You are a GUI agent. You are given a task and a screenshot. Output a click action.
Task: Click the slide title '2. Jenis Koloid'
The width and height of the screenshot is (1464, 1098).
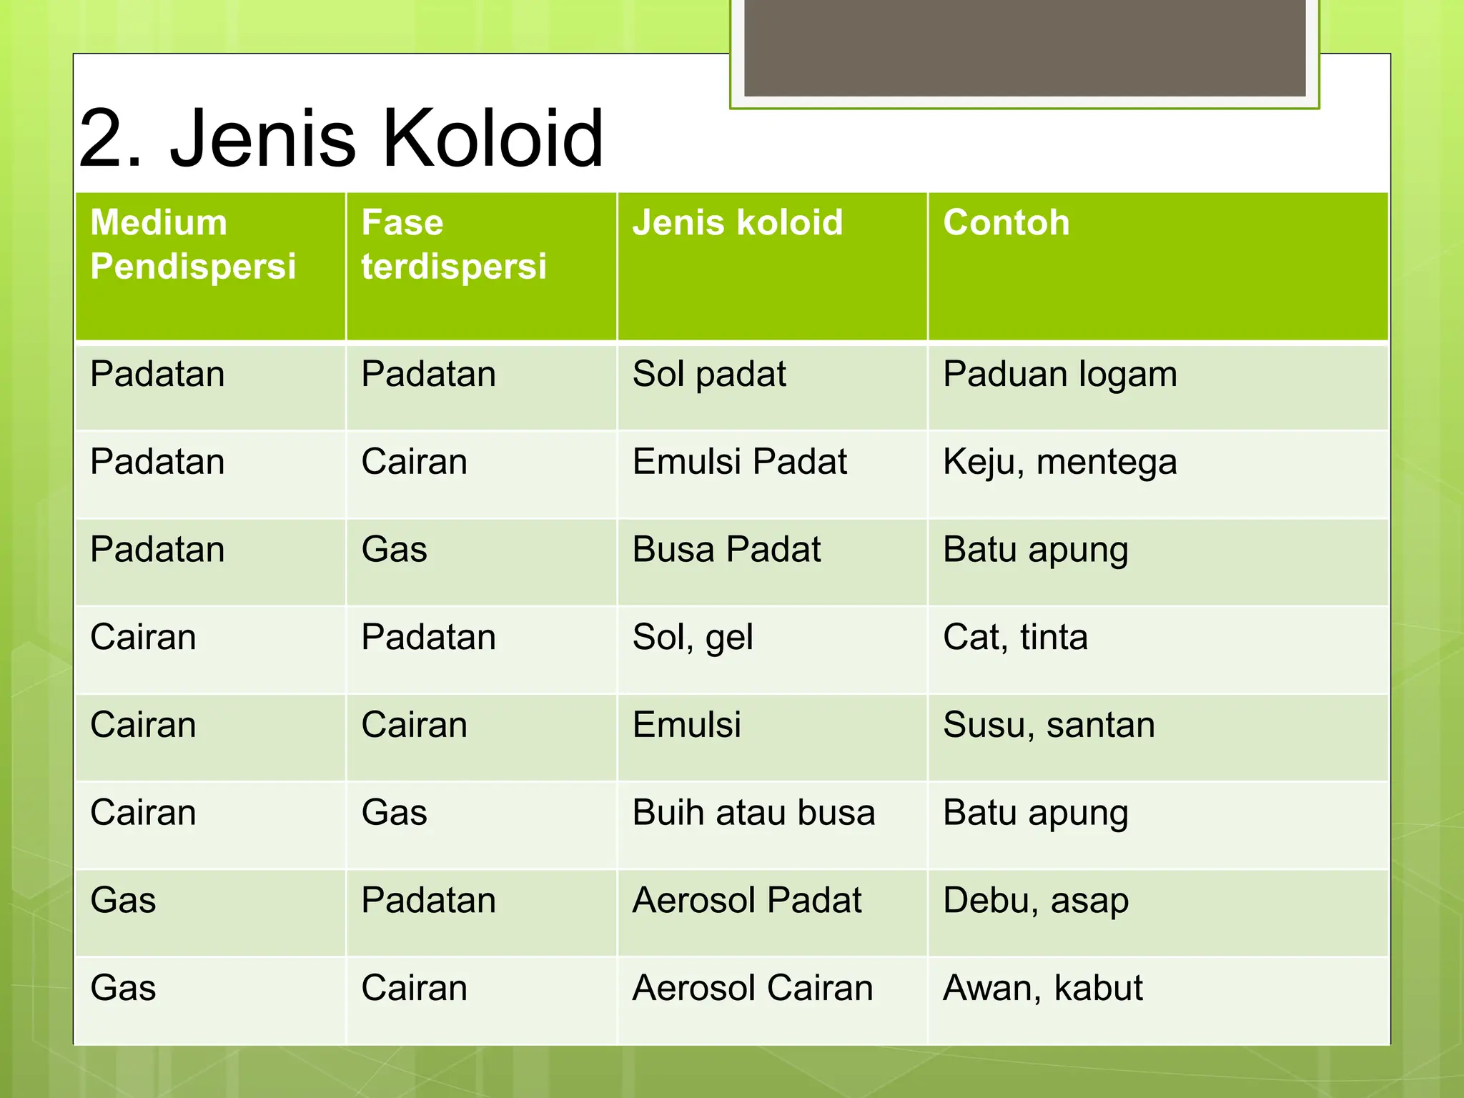click(341, 137)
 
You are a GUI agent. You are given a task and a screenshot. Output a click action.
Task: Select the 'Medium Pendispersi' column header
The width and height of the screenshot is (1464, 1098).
click(193, 244)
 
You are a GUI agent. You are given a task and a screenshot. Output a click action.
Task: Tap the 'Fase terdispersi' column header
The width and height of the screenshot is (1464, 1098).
click(453, 244)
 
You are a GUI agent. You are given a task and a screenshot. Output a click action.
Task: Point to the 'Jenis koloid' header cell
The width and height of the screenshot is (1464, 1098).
click(737, 222)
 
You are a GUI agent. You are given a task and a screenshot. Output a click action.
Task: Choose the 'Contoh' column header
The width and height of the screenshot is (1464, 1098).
click(1006, 222)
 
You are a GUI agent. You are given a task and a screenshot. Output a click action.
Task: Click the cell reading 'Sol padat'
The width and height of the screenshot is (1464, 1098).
click(708, 375)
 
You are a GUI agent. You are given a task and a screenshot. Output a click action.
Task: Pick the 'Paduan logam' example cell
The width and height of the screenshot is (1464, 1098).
click(1059, 375)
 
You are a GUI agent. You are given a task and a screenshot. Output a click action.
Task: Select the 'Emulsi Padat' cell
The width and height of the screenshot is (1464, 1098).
click(739, 462)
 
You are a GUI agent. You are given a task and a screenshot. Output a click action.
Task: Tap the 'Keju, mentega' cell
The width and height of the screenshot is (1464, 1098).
click(1059, 462)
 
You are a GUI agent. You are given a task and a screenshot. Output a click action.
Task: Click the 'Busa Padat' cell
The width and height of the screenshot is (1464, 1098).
click(726, 550)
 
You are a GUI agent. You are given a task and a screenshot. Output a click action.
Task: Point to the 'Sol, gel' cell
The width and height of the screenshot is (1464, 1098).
click(692, 638)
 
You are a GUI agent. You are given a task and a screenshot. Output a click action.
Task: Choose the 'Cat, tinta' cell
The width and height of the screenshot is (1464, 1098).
click(1015, 638)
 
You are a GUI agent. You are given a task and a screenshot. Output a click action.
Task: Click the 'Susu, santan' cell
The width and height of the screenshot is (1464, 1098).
click(1049, 725)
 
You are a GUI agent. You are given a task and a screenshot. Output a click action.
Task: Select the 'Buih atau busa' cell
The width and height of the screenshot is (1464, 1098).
click(753, 813)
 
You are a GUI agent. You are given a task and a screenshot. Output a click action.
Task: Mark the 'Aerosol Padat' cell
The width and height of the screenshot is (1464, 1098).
click(747, 901)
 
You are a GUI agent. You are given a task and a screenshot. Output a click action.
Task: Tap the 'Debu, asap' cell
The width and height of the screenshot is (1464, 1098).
click(1036, 901)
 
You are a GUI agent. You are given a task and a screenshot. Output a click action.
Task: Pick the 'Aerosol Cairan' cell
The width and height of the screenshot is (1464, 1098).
click(753, 989)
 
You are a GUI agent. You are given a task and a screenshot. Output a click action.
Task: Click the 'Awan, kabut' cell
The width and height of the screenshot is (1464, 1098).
click(1042, 989)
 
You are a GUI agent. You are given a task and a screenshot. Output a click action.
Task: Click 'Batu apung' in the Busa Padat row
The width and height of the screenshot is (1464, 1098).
click(1035, 550)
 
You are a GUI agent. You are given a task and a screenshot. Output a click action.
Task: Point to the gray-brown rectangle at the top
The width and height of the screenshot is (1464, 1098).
click(1024, 47)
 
